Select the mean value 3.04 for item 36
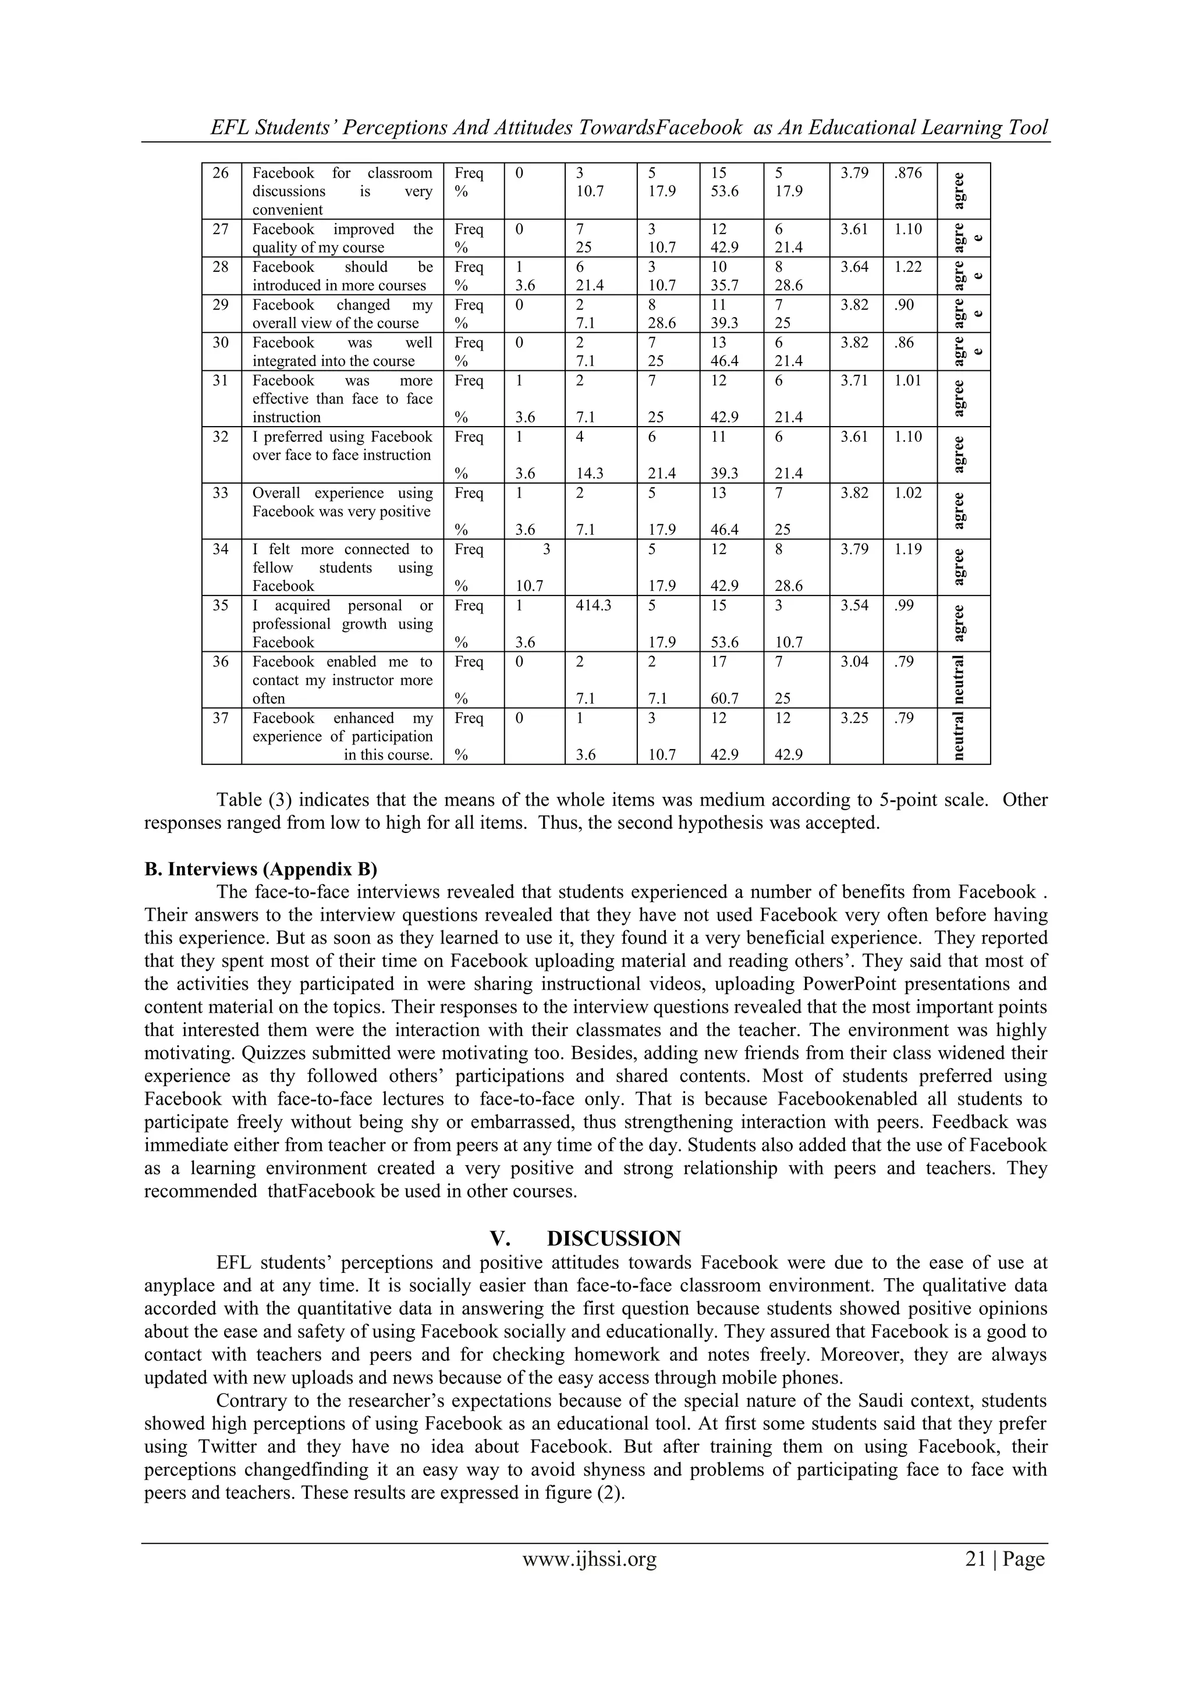point(854,662)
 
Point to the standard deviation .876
point(908,173)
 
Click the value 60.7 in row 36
point(719,698)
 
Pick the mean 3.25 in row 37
point(854,718)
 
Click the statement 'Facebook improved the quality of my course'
point(342,239)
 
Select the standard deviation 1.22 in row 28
point(908,267)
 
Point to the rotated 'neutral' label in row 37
point(959,736)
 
